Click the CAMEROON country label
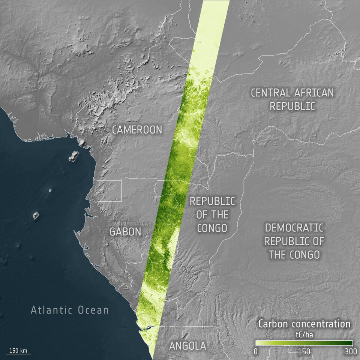(x=137, y=130)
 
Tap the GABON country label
(x=125, y=232)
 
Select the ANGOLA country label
(x=187, y=346)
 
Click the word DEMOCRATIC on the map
(x=294, y=227)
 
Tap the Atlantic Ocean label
(x=70, y=310)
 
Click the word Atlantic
(x=52, y=310)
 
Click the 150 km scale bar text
(x=18, y=351)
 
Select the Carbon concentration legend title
(x=304, y=324)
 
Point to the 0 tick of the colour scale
(x=256, y=352)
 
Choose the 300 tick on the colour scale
(x=351, y=352)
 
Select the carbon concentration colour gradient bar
(x=304, y=342)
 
